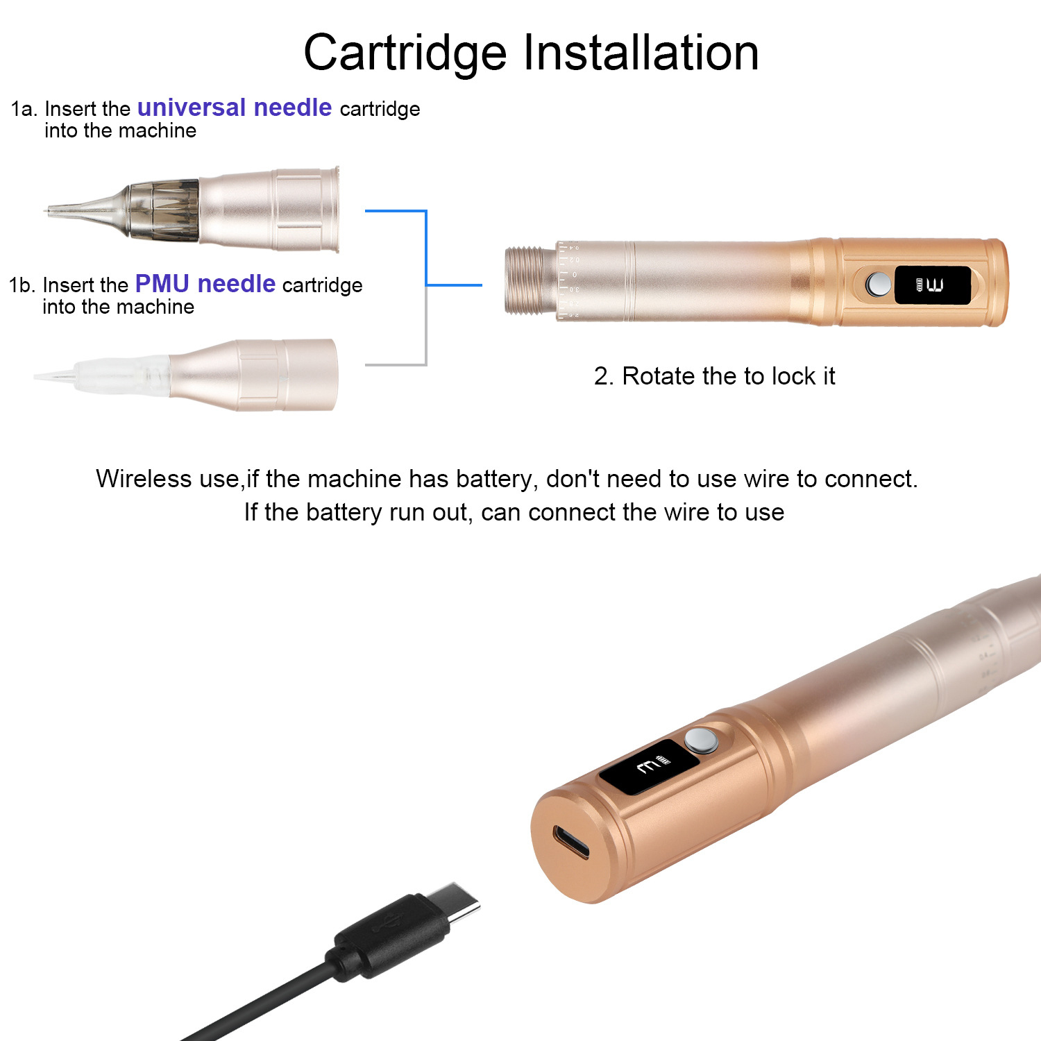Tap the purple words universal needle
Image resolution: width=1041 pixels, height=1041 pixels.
[235, 108]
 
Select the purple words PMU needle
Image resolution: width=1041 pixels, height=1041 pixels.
[205, 284]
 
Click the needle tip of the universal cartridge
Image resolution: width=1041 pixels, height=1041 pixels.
[47, 210]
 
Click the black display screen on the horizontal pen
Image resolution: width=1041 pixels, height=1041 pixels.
[932, 285]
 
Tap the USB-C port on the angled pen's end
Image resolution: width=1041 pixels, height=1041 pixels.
[570, 841]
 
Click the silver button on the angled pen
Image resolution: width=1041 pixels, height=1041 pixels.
[702, 740]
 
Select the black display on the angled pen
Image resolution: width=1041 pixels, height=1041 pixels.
[649, 766]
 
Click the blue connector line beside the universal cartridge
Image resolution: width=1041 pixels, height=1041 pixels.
[425, 248]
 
